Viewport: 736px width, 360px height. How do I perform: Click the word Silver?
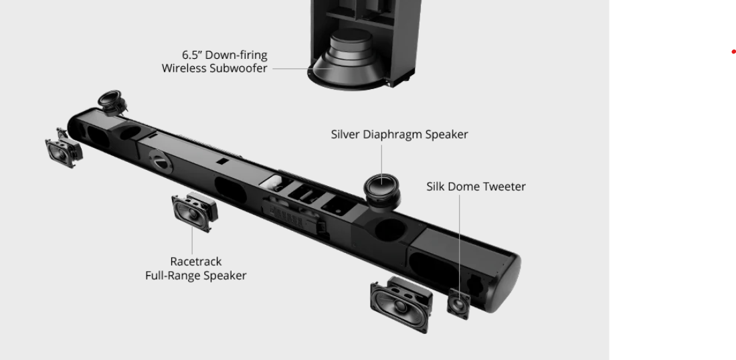[345, 134]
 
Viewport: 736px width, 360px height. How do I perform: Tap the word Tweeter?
[503, 187]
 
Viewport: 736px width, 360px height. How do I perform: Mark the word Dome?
[464, 187]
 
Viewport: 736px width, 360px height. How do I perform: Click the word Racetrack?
[195, 262]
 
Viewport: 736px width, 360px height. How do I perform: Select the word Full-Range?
[173, 276]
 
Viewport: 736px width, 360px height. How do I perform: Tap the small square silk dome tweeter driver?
[460, 304]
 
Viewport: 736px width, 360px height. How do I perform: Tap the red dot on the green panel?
[733, 52]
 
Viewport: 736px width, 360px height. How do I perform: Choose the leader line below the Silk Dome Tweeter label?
[460, 241]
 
